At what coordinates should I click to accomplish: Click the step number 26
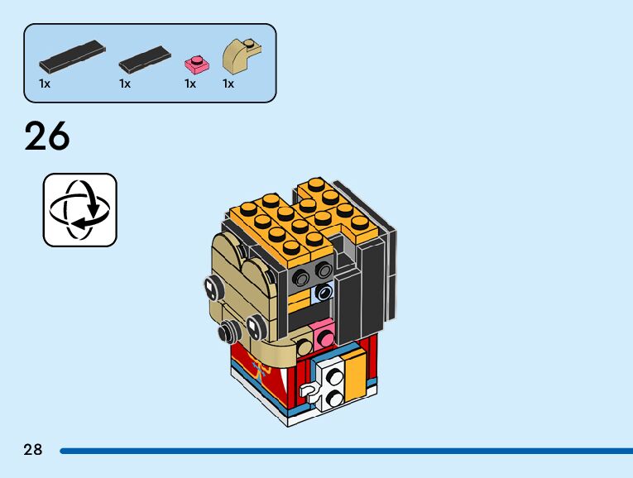[x=47, y=136]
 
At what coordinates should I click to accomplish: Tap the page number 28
[x=33, y=450]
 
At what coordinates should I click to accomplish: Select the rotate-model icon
[x=79, y=209]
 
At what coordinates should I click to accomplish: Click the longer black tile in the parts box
[x=73, y=56]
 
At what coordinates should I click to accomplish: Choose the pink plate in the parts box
[x=197, y=63]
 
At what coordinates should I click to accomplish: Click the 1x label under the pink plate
[x=190, y=84]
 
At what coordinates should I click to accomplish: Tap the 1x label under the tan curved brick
[x=228, y=84]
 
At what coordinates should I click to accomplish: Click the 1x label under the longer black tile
[x=45, y=84]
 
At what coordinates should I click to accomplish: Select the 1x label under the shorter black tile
[x=125, y=84]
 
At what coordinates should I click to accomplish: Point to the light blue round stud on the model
[x=323, y=291]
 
